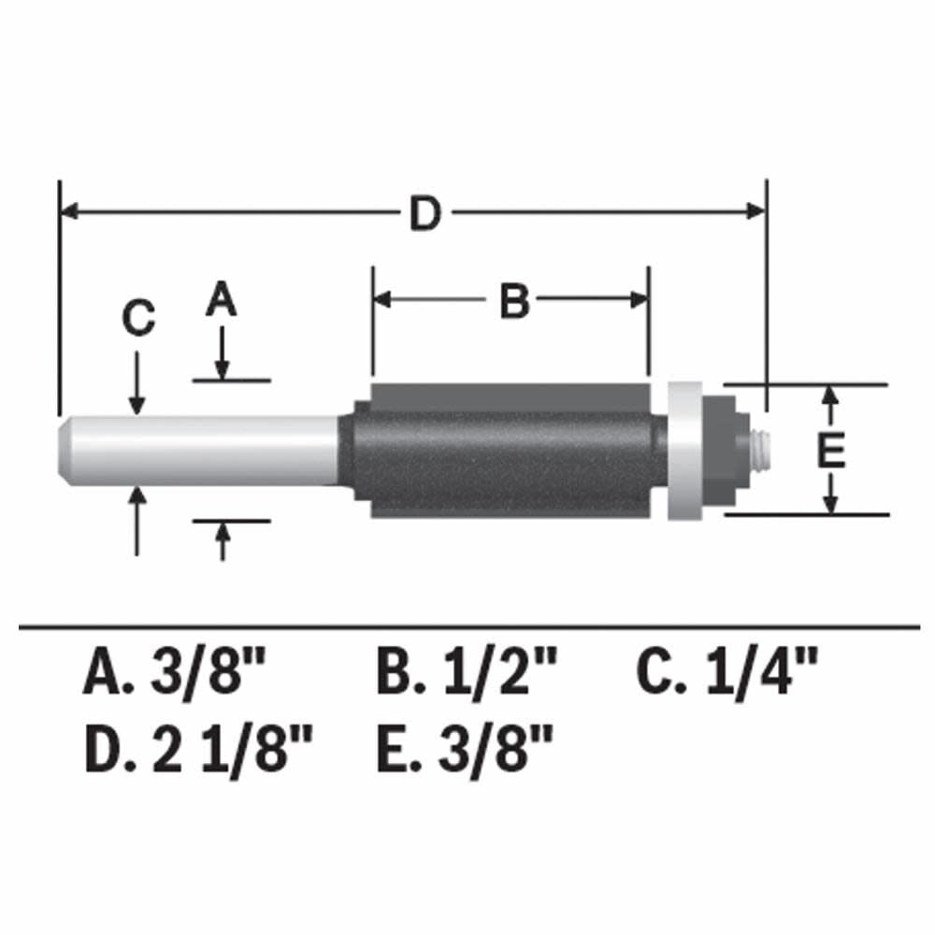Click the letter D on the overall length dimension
pos(424,214)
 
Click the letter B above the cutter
pos(514,302)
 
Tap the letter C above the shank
pos(138,320)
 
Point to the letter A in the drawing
pos(222,300)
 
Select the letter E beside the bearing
pos(830,452)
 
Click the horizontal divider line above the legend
pos(467,625)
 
